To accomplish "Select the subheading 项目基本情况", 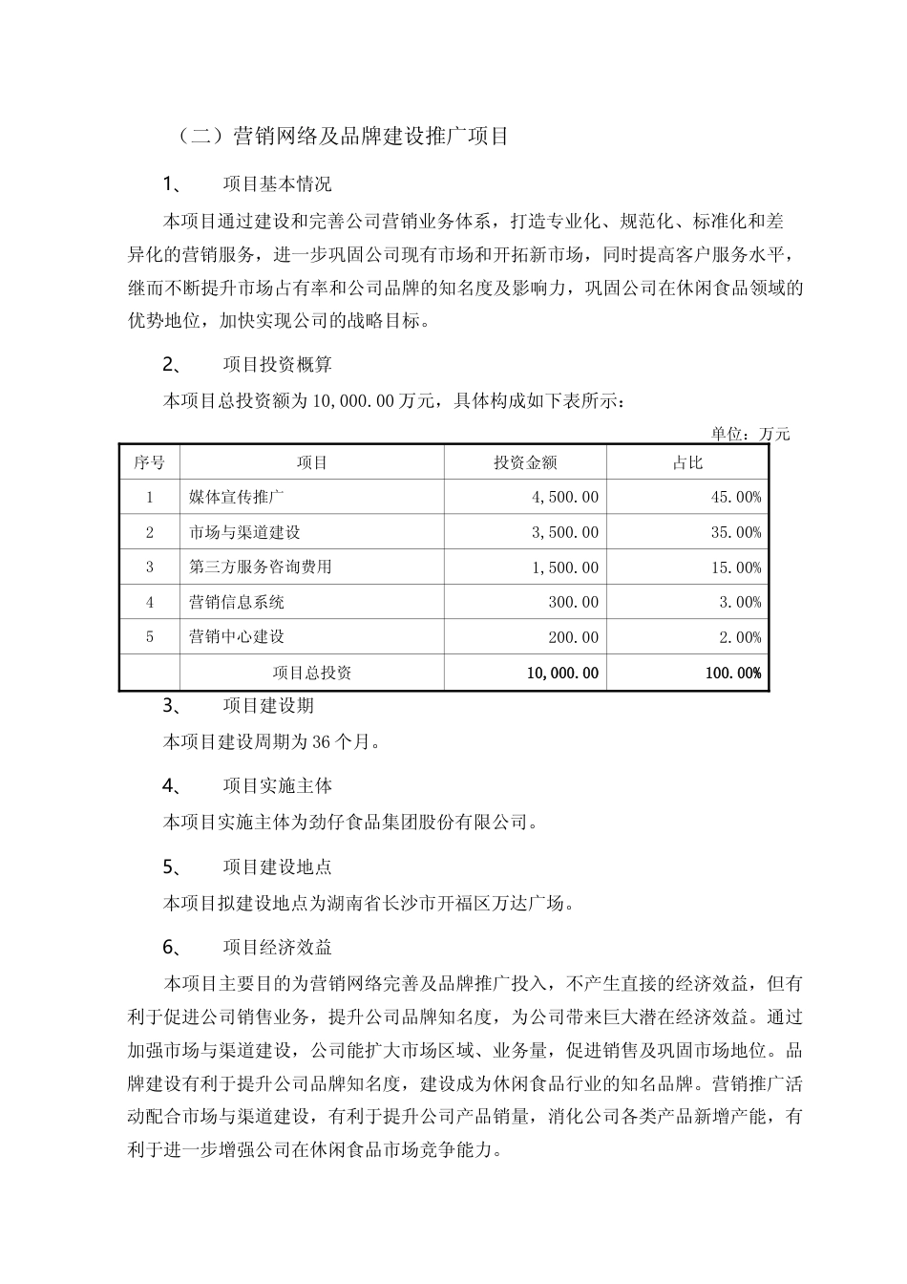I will [277, 183].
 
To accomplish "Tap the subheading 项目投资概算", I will [277, 364].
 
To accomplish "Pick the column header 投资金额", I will [525, 462].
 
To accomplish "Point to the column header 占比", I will [687, 462].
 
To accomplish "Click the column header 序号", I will [149, 462].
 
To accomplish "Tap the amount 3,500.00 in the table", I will [563, 532].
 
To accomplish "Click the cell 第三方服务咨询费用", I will [261, 567].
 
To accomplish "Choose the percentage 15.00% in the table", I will [735, 567].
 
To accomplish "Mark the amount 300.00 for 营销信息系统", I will [575, 602].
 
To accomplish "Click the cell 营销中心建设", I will [237, 636].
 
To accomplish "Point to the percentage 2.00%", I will [740, 637].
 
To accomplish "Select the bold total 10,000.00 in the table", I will [562, 673].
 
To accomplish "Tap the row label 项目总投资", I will [312, 673].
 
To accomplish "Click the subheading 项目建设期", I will [268, 706].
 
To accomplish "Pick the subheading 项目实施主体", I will [277, 786].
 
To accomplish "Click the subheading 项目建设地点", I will [277, 867].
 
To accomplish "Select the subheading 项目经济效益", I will [277, 947].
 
